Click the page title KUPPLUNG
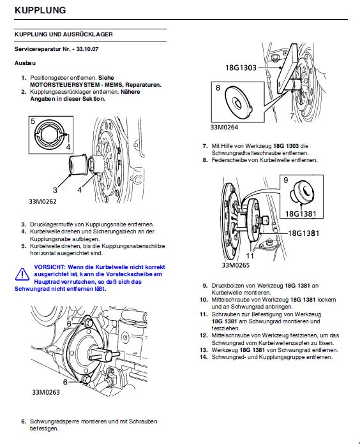(40, 10)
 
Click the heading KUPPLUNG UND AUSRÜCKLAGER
(64, 34)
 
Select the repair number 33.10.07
(87, 49)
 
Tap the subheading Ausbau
(25, 63)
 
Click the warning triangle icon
(22, 275)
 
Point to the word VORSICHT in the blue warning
(50, 267)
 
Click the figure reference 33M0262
(43, 202)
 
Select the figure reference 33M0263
(46, 392)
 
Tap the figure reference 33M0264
(224, 127)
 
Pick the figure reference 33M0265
(236, 265)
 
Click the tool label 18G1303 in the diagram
(241, 68)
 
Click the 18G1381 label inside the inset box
(301, 214)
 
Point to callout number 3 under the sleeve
(55, 190)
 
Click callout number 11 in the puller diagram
(250, 256)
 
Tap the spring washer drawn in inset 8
(239, 102)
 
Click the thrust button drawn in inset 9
(302, 193)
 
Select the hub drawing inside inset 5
(50, 135)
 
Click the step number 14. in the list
(204, 357)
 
